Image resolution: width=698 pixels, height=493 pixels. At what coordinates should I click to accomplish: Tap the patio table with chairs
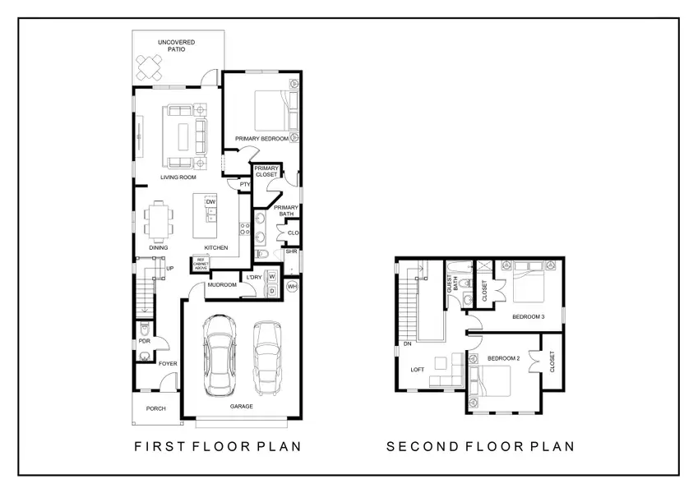(x=150, y=66)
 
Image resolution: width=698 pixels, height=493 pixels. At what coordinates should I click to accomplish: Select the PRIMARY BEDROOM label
(x=261, y=139)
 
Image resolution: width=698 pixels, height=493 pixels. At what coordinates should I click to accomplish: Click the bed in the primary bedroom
(x=270, y=108)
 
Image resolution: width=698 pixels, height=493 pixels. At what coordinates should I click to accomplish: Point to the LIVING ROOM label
(x=178, y=177)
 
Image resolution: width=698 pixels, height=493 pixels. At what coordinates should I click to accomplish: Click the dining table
(x=159, y=219)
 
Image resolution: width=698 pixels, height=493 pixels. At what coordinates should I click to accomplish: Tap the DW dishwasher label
(x=210, y=202)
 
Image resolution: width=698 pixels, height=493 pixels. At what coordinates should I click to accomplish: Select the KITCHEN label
(x=215, y=247)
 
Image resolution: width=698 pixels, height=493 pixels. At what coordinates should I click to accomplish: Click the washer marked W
(x=270, y=277)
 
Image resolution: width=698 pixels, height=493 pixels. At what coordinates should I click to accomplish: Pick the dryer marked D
(x=270, y=290)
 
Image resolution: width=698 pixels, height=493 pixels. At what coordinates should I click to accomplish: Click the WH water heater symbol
(x=292, y=286)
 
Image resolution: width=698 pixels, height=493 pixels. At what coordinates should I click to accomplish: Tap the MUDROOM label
(x=222, y=285)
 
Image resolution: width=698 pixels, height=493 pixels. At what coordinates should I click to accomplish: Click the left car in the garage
(x=219, y=354)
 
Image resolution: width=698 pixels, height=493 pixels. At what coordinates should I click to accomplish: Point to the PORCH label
(x=155, y=408)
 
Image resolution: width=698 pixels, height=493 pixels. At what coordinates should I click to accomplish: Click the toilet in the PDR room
(x=145, y=356)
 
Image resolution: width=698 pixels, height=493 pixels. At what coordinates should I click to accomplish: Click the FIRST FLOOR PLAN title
(x=217, y=447)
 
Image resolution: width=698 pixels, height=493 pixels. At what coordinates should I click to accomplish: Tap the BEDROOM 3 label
(x=527, y=316)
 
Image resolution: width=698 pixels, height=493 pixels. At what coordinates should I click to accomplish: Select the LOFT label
(x=418, y=370)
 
